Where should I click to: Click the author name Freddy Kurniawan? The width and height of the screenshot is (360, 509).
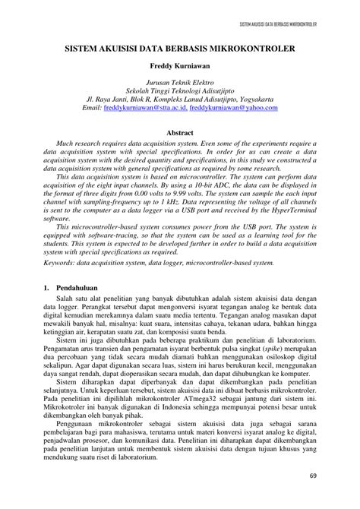tap(180, 66)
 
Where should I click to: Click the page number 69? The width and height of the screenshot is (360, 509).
tap(314, 476)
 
